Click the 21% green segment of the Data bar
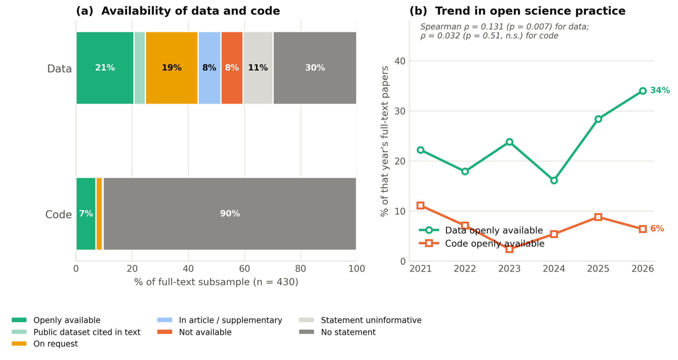click(x=105, y=68)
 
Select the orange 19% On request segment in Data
click(x=172, y=68)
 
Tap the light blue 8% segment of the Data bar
click(x=209, y=68)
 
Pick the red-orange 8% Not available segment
click(x=232, y=68)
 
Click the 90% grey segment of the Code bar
click(x=230, y=214)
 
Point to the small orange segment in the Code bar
click(x=99, y=214)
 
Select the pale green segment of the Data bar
click(x=139, y=68)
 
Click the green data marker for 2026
click(x=643, y=91)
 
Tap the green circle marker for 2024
click(x=554, y=180)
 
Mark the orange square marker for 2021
click(x=421, y=205)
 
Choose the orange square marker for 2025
click(x=598, y=217)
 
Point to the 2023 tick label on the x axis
click(x=509, y=269)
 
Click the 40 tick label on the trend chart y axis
click(x=400, y=61)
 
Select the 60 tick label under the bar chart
click(x=244, y=269)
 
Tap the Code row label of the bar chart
click(x=58, y=215)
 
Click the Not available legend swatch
click(x=165, y=332)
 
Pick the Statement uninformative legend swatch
click(x=306, y=320)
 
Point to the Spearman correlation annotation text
click(x=504, y=31)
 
